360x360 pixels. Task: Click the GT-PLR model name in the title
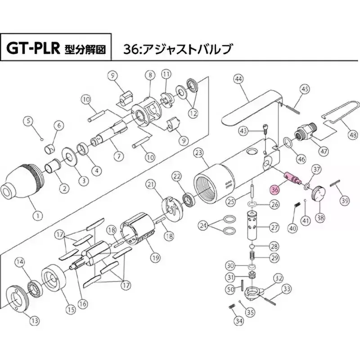click(x=33, y=48)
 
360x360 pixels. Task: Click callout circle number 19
click(x=155, y=258)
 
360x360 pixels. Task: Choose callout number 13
click(x=35, y=320)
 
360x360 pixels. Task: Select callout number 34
click(x=239, y=321)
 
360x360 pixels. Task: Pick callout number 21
click(x=151, y=184)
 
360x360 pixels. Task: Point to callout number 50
click(x=229, y=288)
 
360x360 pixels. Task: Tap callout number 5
click(x=30, y=120)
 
